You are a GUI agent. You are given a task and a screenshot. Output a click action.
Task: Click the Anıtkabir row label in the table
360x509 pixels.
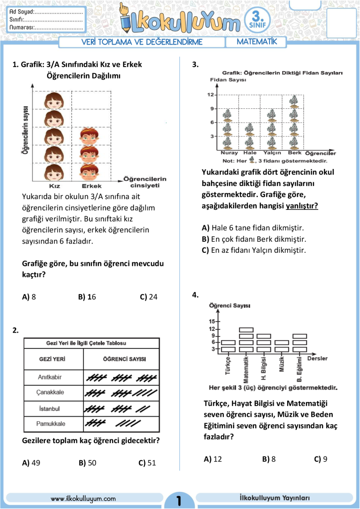pos(50,377)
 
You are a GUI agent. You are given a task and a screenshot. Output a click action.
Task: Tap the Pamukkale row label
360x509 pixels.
pos(50,423)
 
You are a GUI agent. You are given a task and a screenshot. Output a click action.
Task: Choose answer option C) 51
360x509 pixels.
pos(147,463)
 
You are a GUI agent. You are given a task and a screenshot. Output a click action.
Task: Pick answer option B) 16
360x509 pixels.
pos(87,297)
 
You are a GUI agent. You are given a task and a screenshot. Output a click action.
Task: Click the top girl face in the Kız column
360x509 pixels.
pos(54,101)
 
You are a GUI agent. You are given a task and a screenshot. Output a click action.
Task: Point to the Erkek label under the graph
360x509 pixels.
pos(92,186)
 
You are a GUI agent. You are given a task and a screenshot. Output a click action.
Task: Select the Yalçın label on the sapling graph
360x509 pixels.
pos(272,153)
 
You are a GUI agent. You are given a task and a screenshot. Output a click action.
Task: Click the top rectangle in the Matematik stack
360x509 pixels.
pos(246,330)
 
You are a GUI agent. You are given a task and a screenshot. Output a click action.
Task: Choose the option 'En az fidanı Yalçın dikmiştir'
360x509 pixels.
pos(254,250)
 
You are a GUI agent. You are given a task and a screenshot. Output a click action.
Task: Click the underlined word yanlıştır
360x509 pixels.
pos(302,206)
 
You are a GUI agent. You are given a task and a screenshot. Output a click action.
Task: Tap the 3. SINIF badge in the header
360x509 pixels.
pos(257,21)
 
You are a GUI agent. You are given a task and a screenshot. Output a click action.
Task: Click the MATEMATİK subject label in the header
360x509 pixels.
pos(257,42)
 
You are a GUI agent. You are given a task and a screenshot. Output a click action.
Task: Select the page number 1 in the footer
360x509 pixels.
pos(179,500)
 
